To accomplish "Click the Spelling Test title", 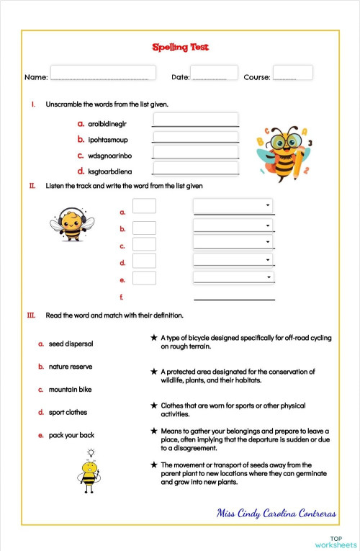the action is [180, 48].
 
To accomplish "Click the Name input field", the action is [103, 73].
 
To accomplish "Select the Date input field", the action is [214, 73].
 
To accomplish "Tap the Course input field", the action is [293, 73].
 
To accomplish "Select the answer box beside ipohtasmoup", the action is [195, 137].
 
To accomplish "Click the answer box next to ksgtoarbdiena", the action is [195, 169].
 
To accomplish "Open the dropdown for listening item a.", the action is [233, 207].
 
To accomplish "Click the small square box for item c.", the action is [144, 245].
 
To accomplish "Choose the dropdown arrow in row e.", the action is [269, 277].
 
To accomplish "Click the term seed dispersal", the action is [71, 344].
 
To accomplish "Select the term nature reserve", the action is [71, 367].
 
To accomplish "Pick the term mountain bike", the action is [70, 390].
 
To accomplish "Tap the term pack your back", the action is [71, 435].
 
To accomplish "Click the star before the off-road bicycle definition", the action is [153, 337].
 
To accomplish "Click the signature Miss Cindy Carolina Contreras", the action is [277, 513].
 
